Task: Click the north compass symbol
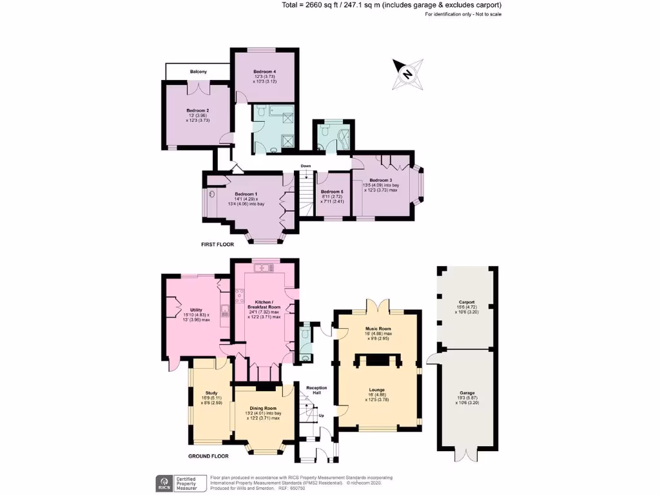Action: pyautogui.click(x=407, y=73)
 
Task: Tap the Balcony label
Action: pyautogui.click(x=198, y=72)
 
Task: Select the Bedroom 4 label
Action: pyautogui.click(x=265, y=71)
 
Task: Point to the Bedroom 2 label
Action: pyautogui.click(x=198, y=110)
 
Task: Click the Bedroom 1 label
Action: pyautogui.click(x=246, y=194)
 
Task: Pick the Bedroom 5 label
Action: pyautogui.click(x=333, y=191)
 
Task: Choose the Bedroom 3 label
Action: pyautogui.click(x=380, y=180)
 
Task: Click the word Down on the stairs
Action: pyautogui.click(x=306, y=166)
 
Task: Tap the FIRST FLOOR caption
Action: pyautogui.click(x=217, y=245)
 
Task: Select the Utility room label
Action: pyautogui.click(x=196, y=309)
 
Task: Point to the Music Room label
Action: pyautogui.click(x=377, y=329)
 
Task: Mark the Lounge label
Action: pyautogui.click(x=377, y=389)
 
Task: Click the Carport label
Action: pyautogui.click(x=467, y=302)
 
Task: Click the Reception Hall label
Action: pyautogui.click(x=316, y=391)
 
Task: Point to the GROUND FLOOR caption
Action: pyautogui.click(x=209, y=456)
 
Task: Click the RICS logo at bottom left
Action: pyautogui.click(x=164, y=483)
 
